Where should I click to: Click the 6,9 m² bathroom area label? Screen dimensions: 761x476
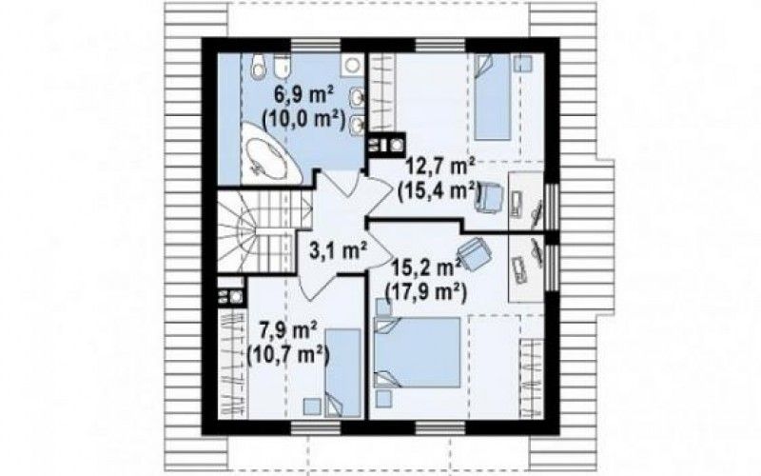[302, 94]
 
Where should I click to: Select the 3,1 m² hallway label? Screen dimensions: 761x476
[338, 250]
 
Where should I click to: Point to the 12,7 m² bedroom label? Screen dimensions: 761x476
[441, 168]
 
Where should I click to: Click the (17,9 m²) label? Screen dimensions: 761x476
[425, 293]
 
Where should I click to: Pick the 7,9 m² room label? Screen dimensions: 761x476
[289, 331]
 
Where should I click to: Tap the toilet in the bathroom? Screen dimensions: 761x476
[281, 68]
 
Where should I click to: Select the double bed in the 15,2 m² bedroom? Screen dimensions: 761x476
[418, 352]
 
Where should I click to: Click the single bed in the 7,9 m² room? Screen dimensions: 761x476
[343, 372]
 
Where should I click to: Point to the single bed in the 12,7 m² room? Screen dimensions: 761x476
[492, 97]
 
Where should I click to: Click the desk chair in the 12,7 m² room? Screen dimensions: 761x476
[491, 196]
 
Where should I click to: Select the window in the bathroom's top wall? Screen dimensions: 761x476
[316, 45]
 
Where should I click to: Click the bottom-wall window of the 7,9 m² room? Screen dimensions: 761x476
[316, 427]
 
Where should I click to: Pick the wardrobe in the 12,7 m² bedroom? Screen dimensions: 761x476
[382, 91]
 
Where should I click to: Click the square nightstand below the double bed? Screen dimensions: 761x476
[384, 399]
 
